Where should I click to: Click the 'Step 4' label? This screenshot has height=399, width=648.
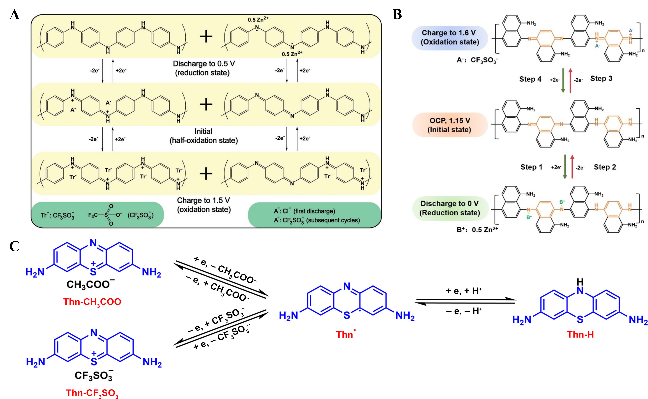coord(530,79)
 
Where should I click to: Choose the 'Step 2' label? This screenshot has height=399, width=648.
coord(605,167)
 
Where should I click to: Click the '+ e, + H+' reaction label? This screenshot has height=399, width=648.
coord(464,291)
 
